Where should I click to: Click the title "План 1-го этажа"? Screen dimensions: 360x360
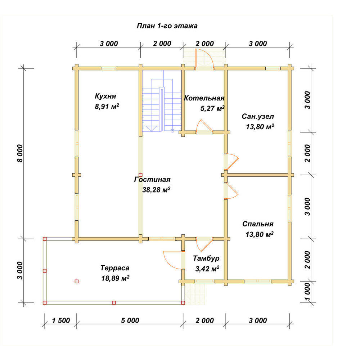coord(167,26)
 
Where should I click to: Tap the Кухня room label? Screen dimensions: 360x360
coord(105,96)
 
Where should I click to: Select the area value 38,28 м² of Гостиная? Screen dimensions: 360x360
coord(156,190)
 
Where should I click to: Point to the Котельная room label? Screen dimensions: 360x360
coord(204,98)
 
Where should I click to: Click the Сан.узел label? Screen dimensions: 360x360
coord(258,116)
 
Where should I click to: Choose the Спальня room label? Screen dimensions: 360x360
coord(258,224)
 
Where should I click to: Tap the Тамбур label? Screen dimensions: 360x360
coord(206,258)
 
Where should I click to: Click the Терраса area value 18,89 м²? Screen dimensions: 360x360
coord(115,278)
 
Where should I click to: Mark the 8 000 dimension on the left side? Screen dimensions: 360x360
coord(20,153)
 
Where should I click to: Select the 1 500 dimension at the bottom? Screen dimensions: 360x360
coord(61,320)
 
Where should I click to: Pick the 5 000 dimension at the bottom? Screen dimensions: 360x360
coord(130,320)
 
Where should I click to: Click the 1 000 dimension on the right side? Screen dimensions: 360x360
coord(308,292)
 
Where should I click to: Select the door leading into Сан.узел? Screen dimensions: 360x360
coord(231,161)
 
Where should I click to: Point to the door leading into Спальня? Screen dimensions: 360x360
coord(232,190)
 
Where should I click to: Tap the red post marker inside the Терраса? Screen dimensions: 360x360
coord(77,282)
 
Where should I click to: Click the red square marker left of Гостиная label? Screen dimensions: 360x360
coord(140,175)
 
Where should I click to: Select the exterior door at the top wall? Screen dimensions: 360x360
coord(204,59)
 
